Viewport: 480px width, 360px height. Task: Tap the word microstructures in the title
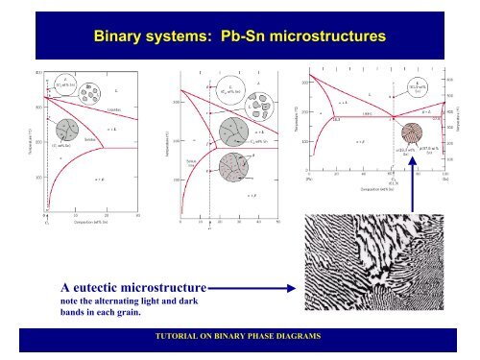click(331, 36)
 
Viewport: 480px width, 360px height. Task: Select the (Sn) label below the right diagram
click(444, 178)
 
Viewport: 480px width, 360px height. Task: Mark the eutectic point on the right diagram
click(394, 118)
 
